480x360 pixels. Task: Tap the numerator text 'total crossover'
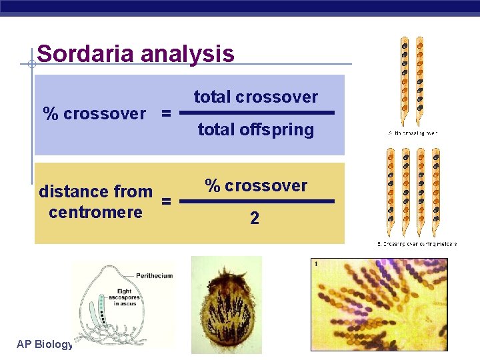(x=256, y=97)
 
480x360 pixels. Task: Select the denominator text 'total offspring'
(x=256, y=129)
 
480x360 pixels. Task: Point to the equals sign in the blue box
(x=166, y=114)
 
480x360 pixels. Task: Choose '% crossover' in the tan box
(x=256, y=186)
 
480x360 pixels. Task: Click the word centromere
(x=95, y=213)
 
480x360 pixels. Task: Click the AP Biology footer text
(x=45, y=344)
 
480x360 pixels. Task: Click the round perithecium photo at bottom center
(x=227, y=307)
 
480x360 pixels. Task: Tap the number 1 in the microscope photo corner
(x=315, y=265)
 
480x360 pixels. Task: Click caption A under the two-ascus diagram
(x=413, y=133)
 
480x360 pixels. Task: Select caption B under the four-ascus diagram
(x=417, y=244)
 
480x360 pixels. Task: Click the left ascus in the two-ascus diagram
(x=404, y=80)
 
